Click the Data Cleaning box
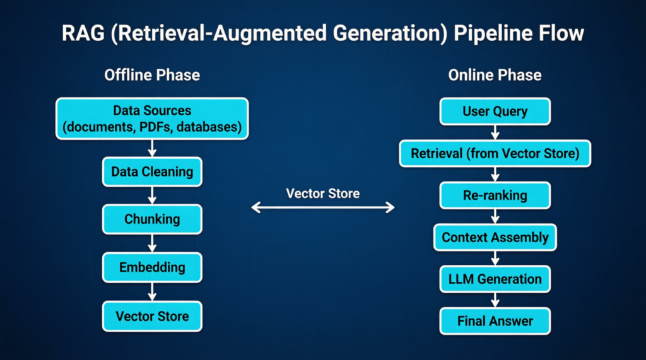click(152, 171)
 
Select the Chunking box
click(152, 219)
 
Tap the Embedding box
click(152, 267)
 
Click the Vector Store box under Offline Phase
click(152, 316)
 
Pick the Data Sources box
click(152, 119)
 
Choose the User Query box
click(495, 111)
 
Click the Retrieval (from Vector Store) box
click(495, 154)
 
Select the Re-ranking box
click(495, 195)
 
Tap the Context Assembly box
click(495, 237)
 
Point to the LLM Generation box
click(495, 279)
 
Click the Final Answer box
click(495, 321)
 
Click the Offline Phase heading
click(152, 76)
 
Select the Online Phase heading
click(495, 76)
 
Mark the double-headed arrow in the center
click(323, 207)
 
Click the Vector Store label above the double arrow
click(323, 194)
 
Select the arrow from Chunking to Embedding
click(152, 243)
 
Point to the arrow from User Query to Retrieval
click(495, 132)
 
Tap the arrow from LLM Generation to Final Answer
click(495, 300)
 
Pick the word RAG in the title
click(83, 33)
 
